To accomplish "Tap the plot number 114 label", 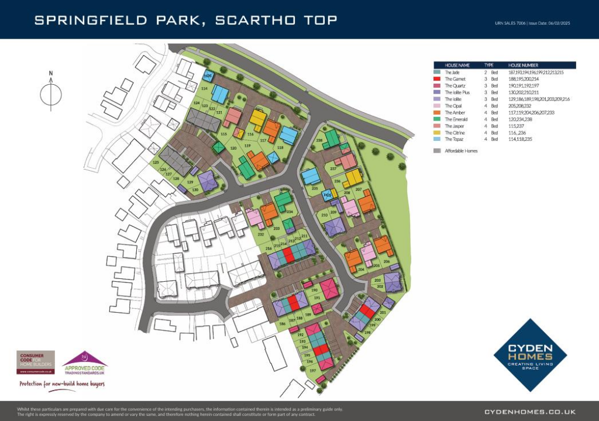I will pyautogui.click(x=204, y=88).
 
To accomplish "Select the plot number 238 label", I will pyautogui.click(x=319, y=141).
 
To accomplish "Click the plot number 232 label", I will pyautogui.click(x=261, y=234).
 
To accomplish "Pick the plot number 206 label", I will pyautogui.click(x=387, y=261).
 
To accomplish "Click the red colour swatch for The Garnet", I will pyautogui.click(x=437, y=78).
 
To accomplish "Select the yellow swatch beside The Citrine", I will pyautogui.click(x=437, y=133).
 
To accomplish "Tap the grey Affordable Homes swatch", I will pyautogui.click(x=437, y=151).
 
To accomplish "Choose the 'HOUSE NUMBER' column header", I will pyautogui.click(x=523, y=65).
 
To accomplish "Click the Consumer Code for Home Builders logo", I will pyautogui.click(x=36, y=363).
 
